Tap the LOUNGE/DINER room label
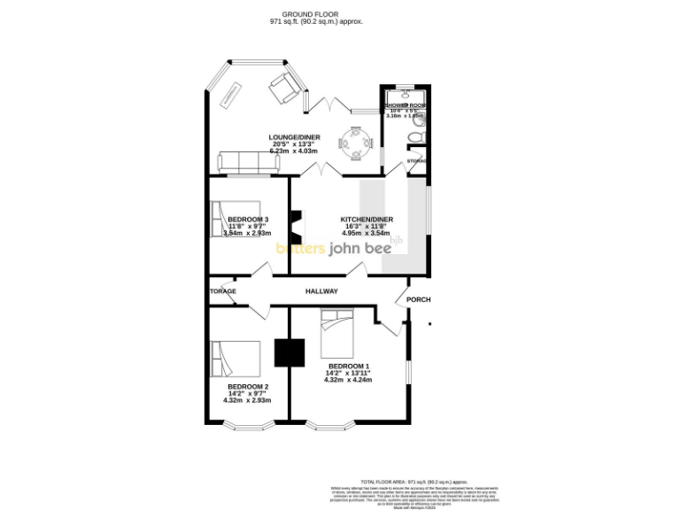tap(295, 137)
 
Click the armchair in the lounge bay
tap(286, 86)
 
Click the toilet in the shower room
tap(417, 137)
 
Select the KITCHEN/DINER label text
tap(367, 220)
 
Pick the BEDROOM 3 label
tap(248, 220)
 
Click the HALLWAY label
tap(323, 290)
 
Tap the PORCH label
tap(418, 299)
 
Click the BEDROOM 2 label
tap(247, 387)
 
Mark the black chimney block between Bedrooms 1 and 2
tap(289, 352)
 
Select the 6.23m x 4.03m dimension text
tap(295, 151)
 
